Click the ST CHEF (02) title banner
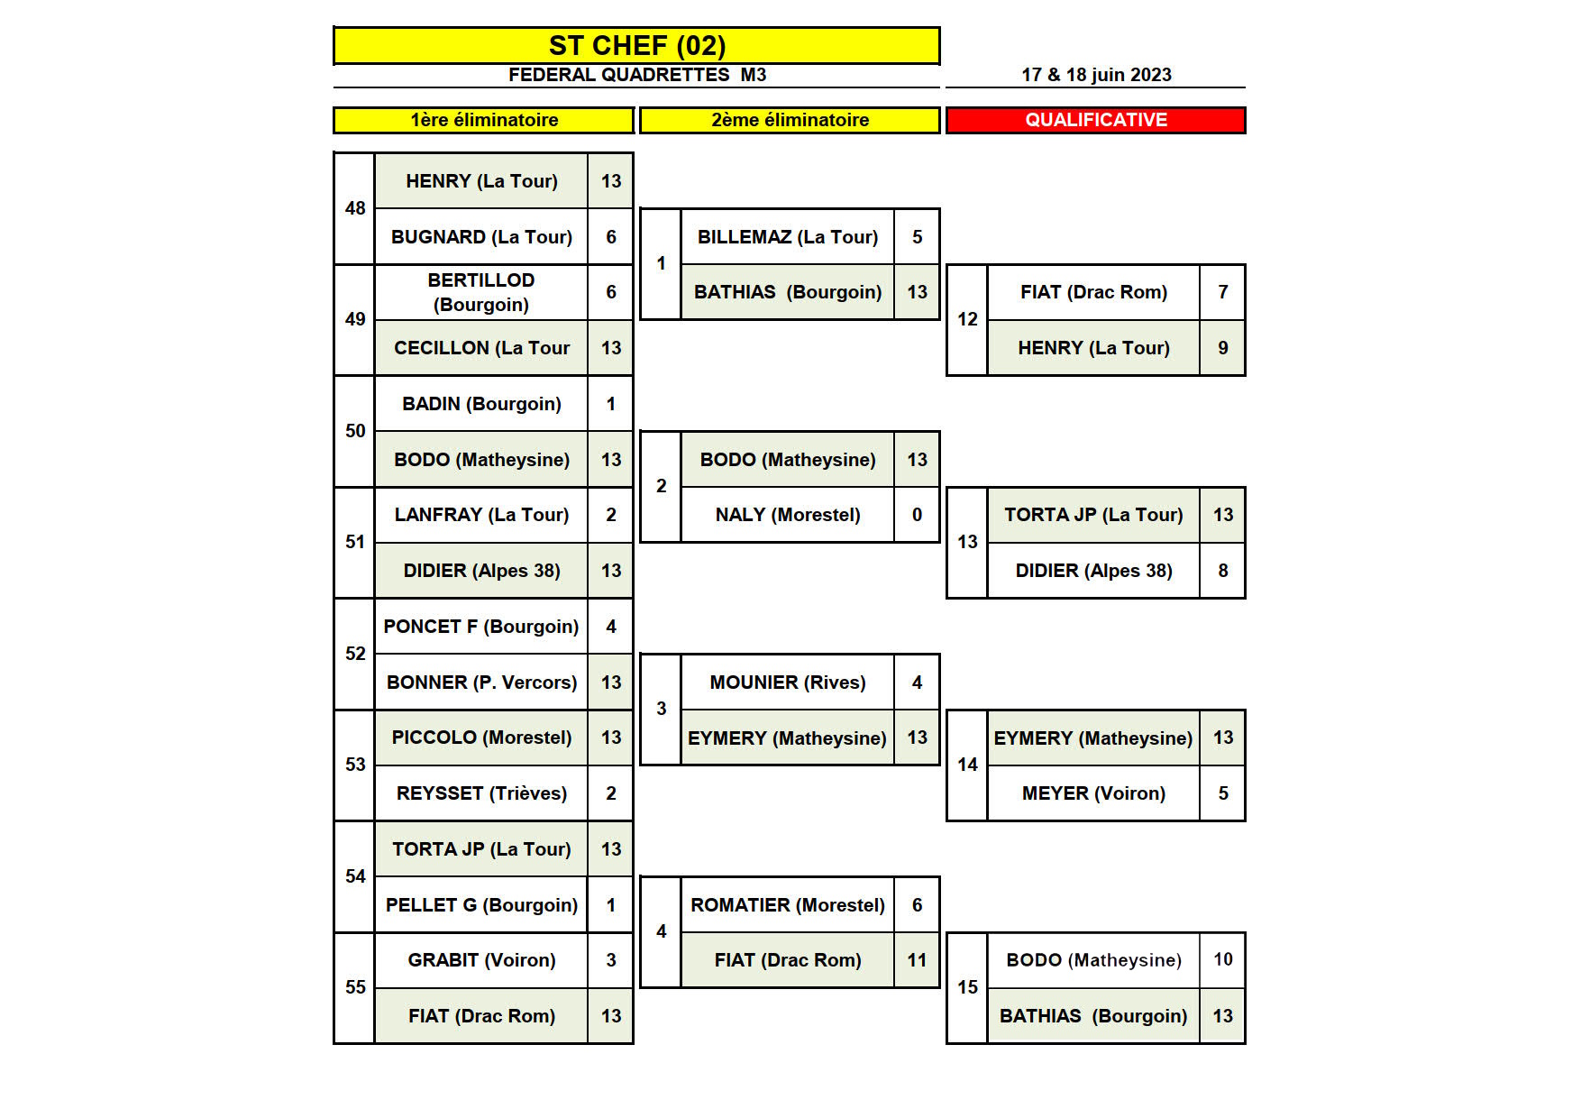coord(636,45)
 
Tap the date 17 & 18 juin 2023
coord(1096,75)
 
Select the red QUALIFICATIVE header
coord(1095,120)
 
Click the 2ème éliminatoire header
coord(790,120)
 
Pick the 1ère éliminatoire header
coord(484,120)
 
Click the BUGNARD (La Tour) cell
coord(481,237)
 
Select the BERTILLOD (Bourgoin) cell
coord(481,292)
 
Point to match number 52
coord(355,654)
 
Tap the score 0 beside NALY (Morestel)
coord(917,515)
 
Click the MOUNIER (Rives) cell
coord(787,683)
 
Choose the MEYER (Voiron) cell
coord(1093,793)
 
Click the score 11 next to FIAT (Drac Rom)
coord(917,960)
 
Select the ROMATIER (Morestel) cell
coord(787,905)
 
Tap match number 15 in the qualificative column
coord(967,987)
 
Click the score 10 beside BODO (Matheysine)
coord(1222,959)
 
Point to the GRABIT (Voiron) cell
coord(481,960)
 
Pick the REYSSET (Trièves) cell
coord(481,793)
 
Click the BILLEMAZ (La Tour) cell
coord(787,237)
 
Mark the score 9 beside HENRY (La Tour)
coord(1222,348)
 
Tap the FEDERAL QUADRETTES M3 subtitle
coord(636,75)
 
